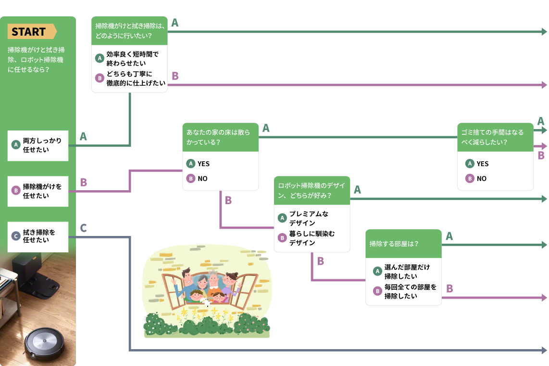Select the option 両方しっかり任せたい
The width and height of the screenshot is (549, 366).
coord(38,145)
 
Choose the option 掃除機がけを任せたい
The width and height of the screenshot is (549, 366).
coord(38,191)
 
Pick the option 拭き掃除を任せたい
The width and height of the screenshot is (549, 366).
coord(38,236)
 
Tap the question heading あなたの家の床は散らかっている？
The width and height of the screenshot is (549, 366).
coord(220,137)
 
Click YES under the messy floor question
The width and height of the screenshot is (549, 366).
coord(198,164)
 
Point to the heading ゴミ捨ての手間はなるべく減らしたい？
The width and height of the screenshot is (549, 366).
coord(495,137)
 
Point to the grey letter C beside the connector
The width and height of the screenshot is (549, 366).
coord(83,228)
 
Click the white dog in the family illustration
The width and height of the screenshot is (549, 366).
coord(206,302)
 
